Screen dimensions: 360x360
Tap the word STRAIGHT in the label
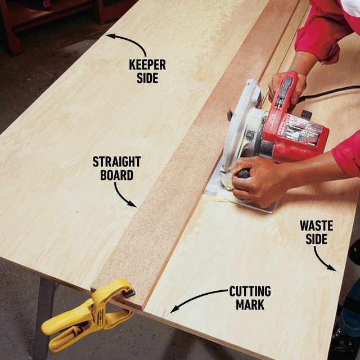pyautogui.click(x=116, y=162)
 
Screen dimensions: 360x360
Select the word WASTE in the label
pyautogui.click(x=316, y=226)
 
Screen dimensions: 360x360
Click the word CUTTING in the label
pyautogui.click(x=250, y=291)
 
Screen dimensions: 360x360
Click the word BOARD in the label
pyautogui.click(x=116, y=175)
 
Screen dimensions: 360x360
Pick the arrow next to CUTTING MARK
pyautogui.click(x=197, y=299)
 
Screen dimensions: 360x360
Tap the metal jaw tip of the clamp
pyautogui.click(x=129, y=292)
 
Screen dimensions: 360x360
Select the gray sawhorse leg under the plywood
pyautogui.click(x=45, y=315)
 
